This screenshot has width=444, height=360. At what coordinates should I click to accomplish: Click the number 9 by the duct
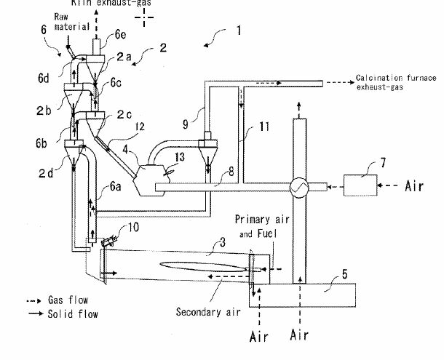tap(185, 124)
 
